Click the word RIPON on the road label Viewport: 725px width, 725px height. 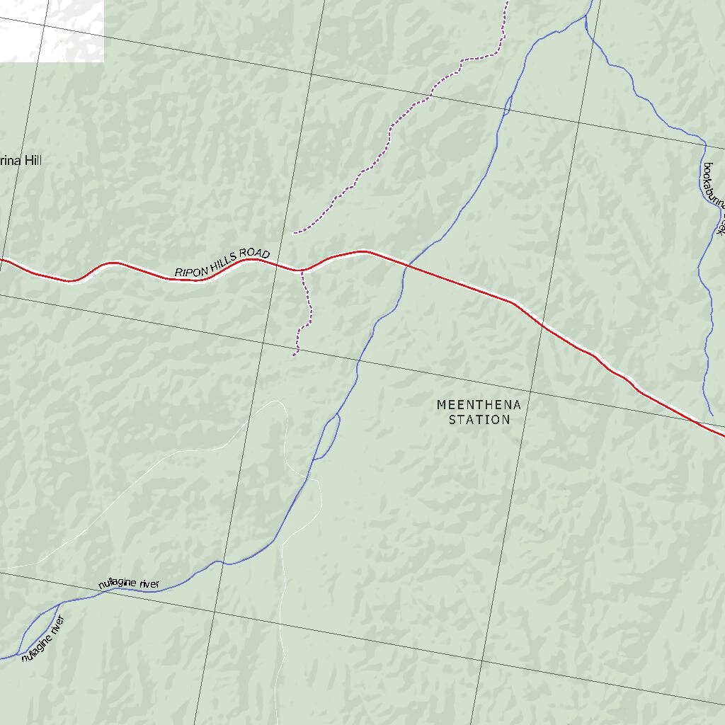188,270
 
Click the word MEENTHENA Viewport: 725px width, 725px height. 479,405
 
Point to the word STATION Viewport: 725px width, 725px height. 479,420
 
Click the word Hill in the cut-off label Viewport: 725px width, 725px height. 33,161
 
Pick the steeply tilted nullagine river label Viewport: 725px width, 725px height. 43,639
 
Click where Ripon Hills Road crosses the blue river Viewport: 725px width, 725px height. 405,265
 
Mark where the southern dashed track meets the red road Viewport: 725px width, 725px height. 302,270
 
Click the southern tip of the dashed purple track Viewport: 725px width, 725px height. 294,355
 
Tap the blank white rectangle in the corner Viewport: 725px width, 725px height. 52,30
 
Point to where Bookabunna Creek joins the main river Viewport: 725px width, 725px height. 586,16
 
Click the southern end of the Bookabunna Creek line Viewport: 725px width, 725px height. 712,415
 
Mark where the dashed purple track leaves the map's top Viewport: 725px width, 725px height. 507,2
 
